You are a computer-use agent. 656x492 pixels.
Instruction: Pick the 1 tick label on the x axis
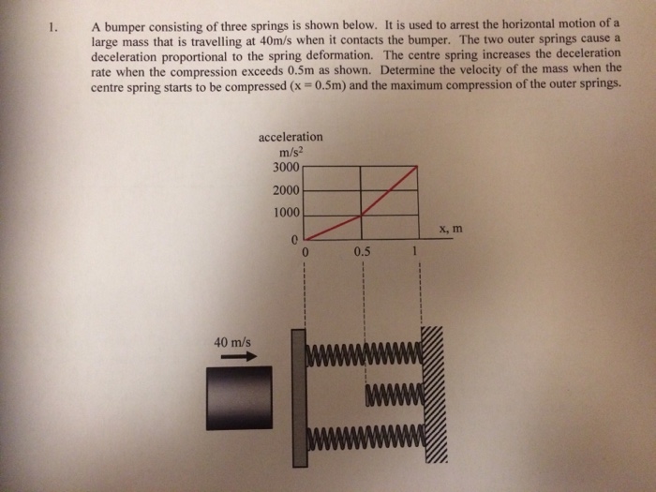[412, 251]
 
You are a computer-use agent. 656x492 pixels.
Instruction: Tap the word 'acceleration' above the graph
[291, 137]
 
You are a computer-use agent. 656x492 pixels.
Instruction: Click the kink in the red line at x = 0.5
[362, 216]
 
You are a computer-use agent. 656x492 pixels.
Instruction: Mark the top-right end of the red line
[416, 169]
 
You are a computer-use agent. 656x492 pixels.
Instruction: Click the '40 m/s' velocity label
[231, 342]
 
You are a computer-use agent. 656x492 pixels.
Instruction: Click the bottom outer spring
[365, 436]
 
